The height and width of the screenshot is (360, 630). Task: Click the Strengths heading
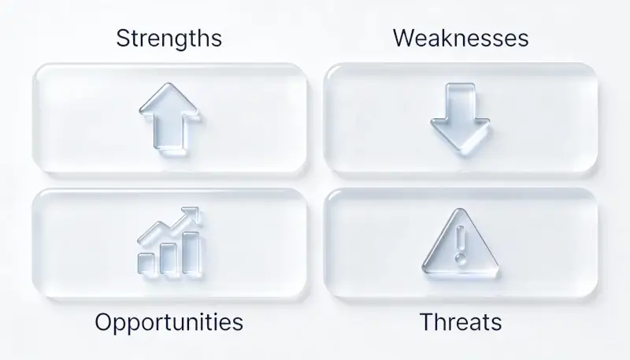(x=169, y=38)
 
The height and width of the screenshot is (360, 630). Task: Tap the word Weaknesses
(x=461, y=38)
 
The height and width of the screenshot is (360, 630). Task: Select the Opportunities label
(x=169, y=322)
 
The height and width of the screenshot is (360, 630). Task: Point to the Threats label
(x=461, y=322)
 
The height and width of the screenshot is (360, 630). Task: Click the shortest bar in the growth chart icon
(x=146, y=263)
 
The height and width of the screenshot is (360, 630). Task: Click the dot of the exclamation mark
(x=461, y=258)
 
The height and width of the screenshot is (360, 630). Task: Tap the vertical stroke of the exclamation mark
(x=461, y=237)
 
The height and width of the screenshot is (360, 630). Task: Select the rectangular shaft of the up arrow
(x=169, y=132)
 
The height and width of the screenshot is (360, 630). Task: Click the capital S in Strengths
(x=123, y=38)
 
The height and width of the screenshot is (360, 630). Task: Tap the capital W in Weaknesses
(x=404, y=38)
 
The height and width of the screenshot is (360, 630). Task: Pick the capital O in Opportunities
(x=104, y=321)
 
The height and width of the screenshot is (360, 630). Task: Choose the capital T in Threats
(x=426, y=321)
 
